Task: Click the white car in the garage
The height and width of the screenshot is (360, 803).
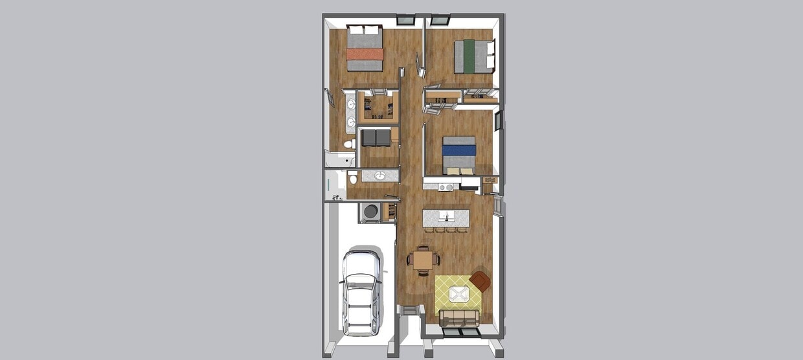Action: [361, 292]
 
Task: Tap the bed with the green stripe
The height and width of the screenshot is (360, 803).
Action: [473, 56]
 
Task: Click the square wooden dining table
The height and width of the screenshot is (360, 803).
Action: [424, 260]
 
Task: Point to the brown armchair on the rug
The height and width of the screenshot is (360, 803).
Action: [481, 281]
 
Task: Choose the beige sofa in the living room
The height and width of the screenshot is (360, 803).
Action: [459, 318]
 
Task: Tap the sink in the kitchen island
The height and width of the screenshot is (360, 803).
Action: [445, 216]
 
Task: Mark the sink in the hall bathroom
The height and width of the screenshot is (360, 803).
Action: [380, 175]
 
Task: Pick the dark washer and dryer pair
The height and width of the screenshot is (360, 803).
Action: [376, 137]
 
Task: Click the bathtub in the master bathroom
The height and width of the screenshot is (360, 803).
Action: [339, 159]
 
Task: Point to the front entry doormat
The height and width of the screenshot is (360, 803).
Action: [409, 311]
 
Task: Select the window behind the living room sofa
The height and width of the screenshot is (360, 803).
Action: [460, 332]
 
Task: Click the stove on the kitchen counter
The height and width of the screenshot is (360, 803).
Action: [445, 187]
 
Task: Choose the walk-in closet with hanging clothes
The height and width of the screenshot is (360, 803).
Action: [378, 106]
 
